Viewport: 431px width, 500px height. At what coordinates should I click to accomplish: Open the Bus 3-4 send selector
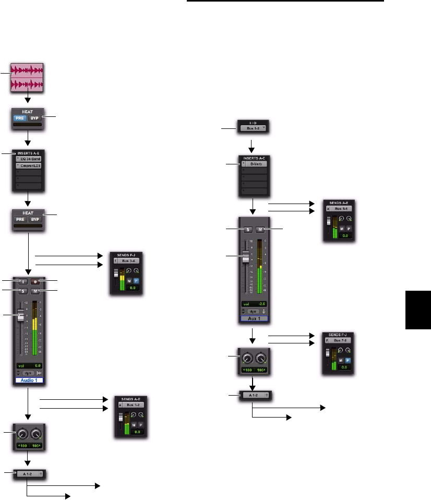point(128,259)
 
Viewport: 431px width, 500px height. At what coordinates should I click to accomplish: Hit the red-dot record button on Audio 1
point(36,282)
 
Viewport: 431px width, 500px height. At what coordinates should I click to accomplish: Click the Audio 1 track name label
point(29,381)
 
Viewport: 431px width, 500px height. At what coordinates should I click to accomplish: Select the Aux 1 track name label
point(253,318)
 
